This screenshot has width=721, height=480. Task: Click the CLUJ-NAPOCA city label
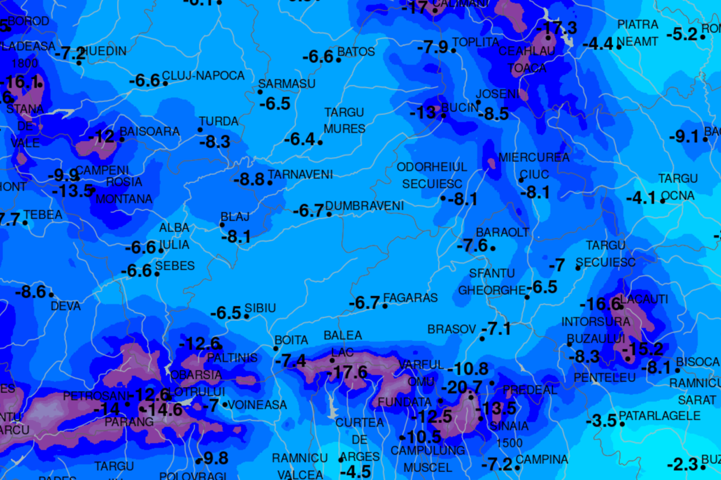pyautogui.click(x=203, y=76)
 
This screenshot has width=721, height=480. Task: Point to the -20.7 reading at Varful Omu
pyautogui.click(x=462, y=388)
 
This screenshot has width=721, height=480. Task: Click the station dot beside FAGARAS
pyautogui.click(x=385, y=306)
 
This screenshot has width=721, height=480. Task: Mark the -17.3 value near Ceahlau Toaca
pyautogui.click(x=557, y=28)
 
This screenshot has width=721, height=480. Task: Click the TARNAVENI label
pyautogui.click(x=300, y=175)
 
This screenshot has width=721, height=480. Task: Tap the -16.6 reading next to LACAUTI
pyautogui.click(x=600, y=304)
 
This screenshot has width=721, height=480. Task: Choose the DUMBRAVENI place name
pyautogui.click(x=364, y=206)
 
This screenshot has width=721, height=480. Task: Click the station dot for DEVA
pyautogui.click(x=51, y=295)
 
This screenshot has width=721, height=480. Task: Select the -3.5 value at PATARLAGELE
pyautogui.click(x=601, y=421)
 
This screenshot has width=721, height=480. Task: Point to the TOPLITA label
pyautogui.click(x=475, y=43)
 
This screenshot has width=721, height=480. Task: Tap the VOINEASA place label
pyautogui.click(x=257, y=405)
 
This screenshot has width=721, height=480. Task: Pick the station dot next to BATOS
pyautogui.click(x=339, y=59)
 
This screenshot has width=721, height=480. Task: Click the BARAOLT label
pyautogui.click(x=503, y=232)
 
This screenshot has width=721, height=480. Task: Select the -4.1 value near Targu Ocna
pyautogui.click(x=641, y=199)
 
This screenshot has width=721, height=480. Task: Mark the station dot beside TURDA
pyautogui.click(x=200, y=130)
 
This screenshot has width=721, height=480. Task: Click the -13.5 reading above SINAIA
pyautogui.click(x=495, y=408)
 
